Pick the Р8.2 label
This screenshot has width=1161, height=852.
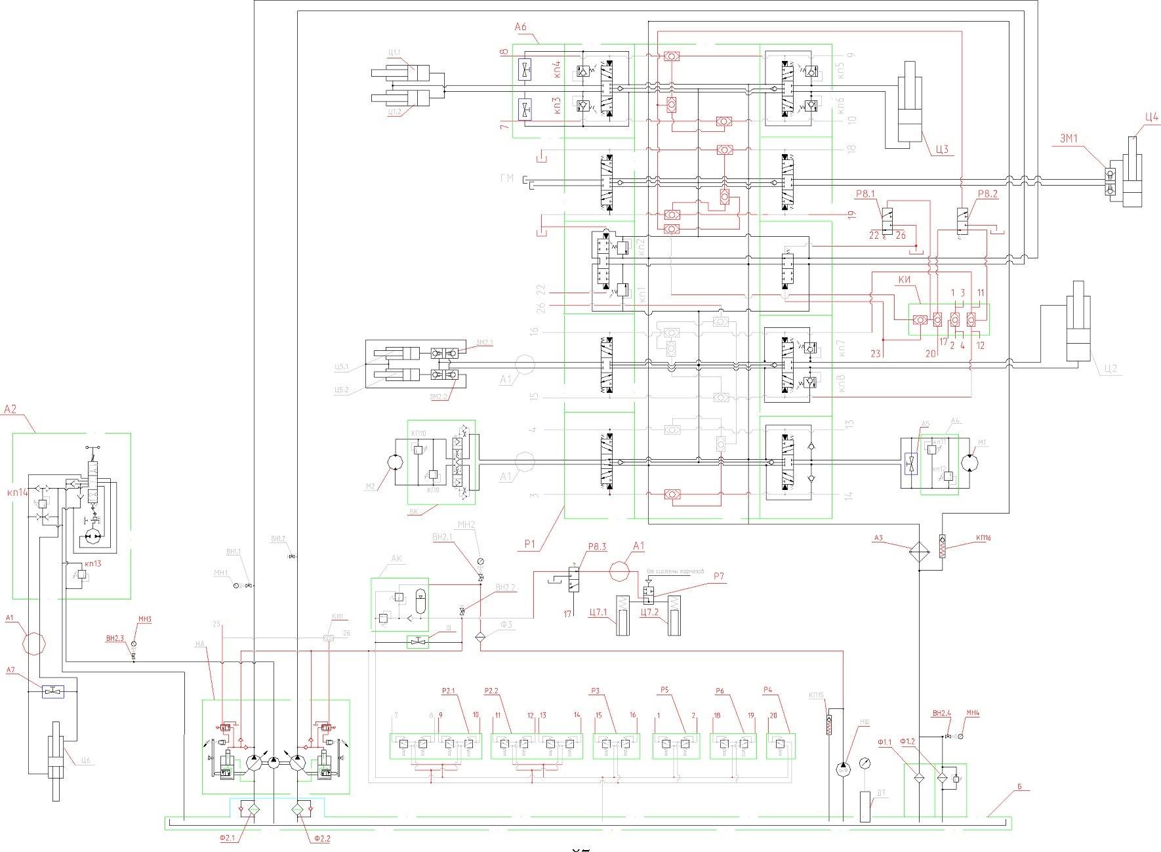987,195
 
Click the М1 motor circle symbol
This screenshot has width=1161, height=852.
970,463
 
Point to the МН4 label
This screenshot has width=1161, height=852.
973,713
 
